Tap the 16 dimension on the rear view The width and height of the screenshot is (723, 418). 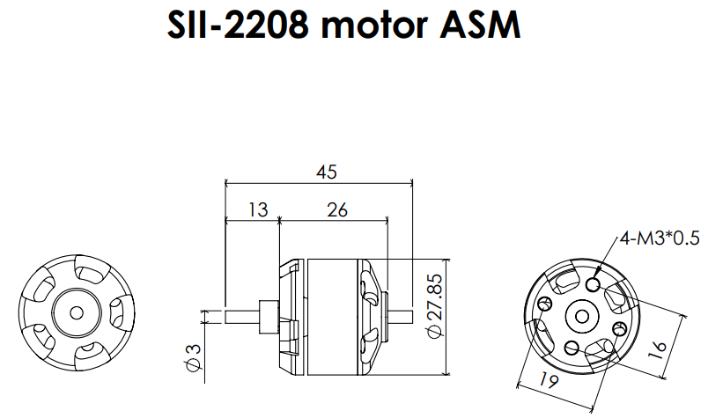(x=656, y=347)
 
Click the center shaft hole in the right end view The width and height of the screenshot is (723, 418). (x=581, y=315)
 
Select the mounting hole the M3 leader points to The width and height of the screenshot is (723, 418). (x=594, y=285)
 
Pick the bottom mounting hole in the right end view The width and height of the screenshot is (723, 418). (x=569, y=345)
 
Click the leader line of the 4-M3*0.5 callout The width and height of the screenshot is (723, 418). (x=608, y=261)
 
